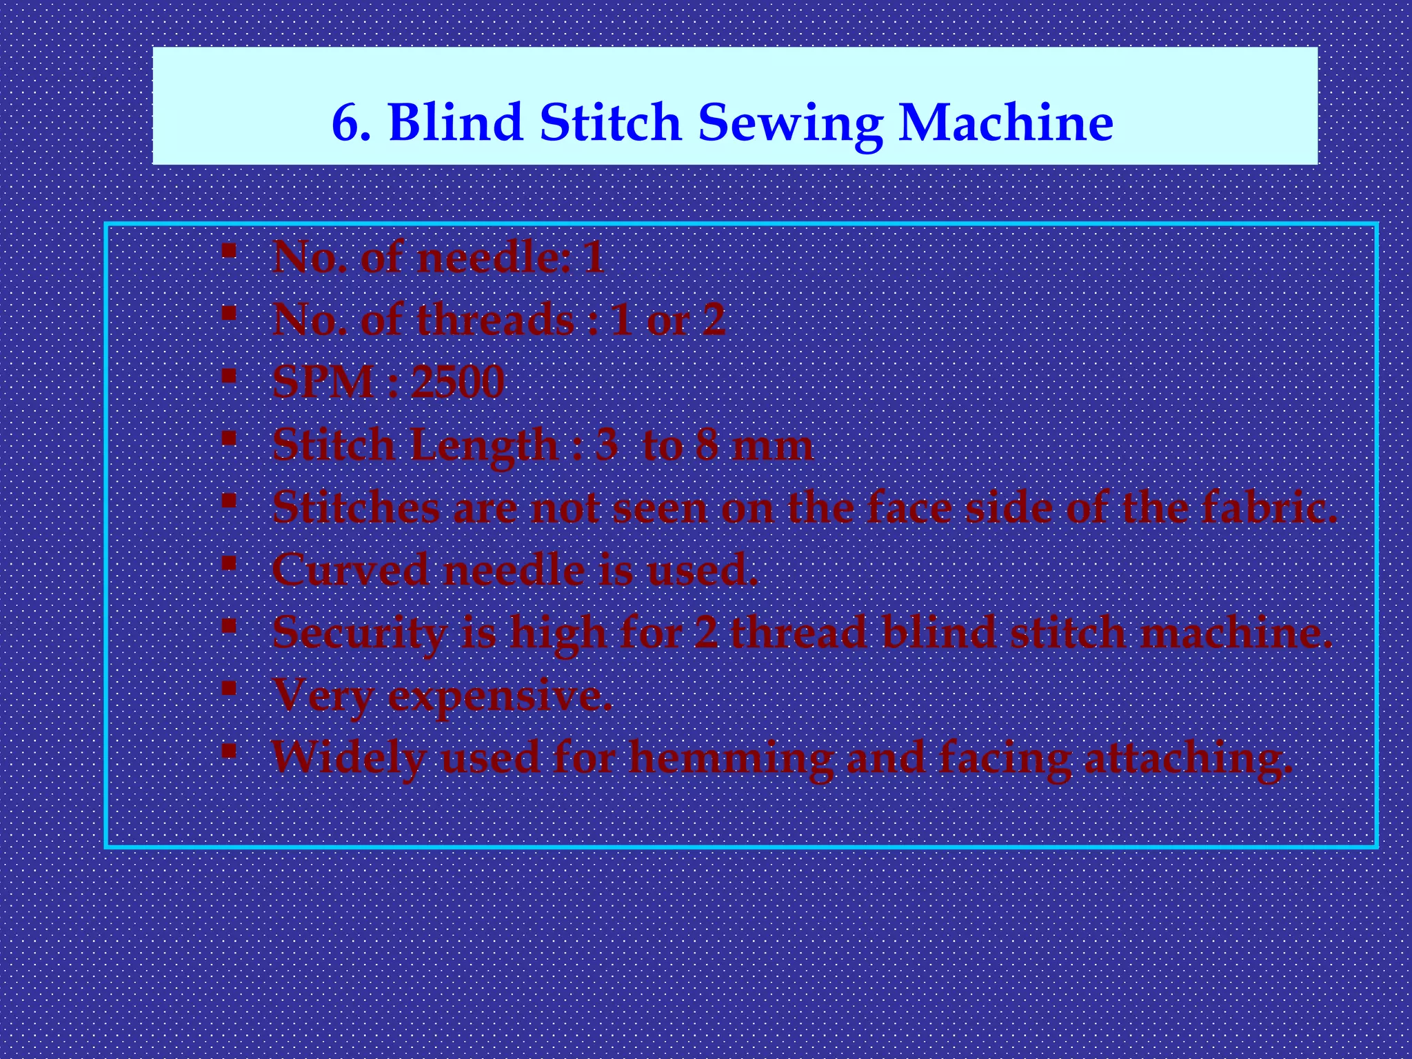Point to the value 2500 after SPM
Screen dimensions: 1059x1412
[x=458, y=382]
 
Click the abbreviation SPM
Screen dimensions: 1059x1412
[x=323, y=382]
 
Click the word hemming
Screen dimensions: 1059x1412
[x=732, y=758]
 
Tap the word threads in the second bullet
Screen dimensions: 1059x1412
[x=496, y=320]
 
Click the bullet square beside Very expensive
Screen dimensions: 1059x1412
[x=230, y=688]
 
